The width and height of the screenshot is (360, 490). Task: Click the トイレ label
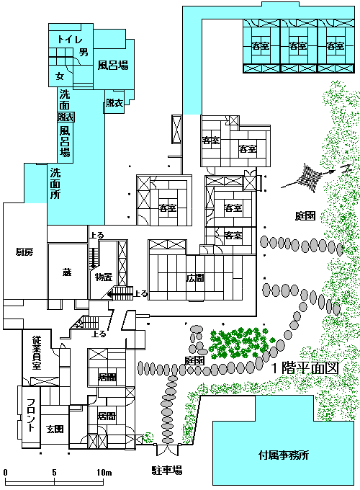(70, 39)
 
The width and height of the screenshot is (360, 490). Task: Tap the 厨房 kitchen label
(24, 252)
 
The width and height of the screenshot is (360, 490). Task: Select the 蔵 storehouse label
(67, 272)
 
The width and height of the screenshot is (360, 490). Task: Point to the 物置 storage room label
(104, 277)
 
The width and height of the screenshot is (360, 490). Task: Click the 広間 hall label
(195, 277)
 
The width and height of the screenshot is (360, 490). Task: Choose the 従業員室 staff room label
(37, 353)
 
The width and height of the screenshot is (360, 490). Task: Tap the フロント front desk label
(30, 415)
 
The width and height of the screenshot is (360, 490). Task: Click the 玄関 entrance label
(55, 429)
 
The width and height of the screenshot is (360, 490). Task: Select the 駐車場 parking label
(167, 470)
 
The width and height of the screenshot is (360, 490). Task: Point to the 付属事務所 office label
(284, 455)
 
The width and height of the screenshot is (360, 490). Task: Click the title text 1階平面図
(305, 367)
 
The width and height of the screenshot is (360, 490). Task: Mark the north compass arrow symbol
(315, 177)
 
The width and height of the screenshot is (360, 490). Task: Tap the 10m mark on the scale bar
(104, 472)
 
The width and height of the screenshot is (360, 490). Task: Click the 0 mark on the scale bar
(5, 472)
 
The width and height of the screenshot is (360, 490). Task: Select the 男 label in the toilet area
(84, 52)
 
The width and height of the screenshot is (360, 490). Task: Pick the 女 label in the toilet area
(59, 76)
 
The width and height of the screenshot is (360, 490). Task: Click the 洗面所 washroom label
(55, 184)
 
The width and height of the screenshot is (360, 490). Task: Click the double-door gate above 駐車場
(167, 450)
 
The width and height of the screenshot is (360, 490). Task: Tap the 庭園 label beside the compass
(305, 215)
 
